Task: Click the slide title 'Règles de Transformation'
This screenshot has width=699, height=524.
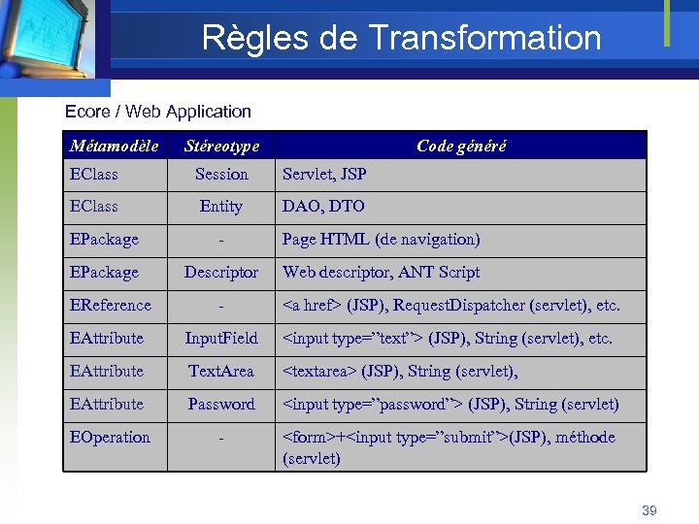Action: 401,38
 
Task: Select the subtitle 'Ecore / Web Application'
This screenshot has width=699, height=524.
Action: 157,112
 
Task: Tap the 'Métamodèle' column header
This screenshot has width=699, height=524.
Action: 115,146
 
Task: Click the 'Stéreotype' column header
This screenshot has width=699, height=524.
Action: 221,146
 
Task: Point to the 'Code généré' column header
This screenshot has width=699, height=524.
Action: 461,146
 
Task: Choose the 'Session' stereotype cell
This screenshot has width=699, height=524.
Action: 221,175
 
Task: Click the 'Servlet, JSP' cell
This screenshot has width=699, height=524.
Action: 324,175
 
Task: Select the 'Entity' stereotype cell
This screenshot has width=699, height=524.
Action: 221,206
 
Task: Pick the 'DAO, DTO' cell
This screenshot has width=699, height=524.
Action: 323,206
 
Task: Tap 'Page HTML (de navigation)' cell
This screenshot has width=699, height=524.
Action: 381,239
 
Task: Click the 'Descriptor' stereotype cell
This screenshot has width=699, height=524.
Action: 221,272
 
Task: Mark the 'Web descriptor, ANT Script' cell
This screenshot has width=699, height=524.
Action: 381,272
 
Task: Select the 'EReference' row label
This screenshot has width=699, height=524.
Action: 111,305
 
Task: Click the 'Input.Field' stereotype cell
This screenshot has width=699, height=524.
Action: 221,338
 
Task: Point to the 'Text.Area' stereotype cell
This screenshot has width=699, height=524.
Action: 221,371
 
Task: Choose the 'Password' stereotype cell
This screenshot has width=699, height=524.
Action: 221,404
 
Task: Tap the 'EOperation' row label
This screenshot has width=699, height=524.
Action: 110,437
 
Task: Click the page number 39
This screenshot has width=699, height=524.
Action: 649,509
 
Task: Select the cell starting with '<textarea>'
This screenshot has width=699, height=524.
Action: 399,371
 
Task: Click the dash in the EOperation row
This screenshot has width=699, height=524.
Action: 221,438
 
